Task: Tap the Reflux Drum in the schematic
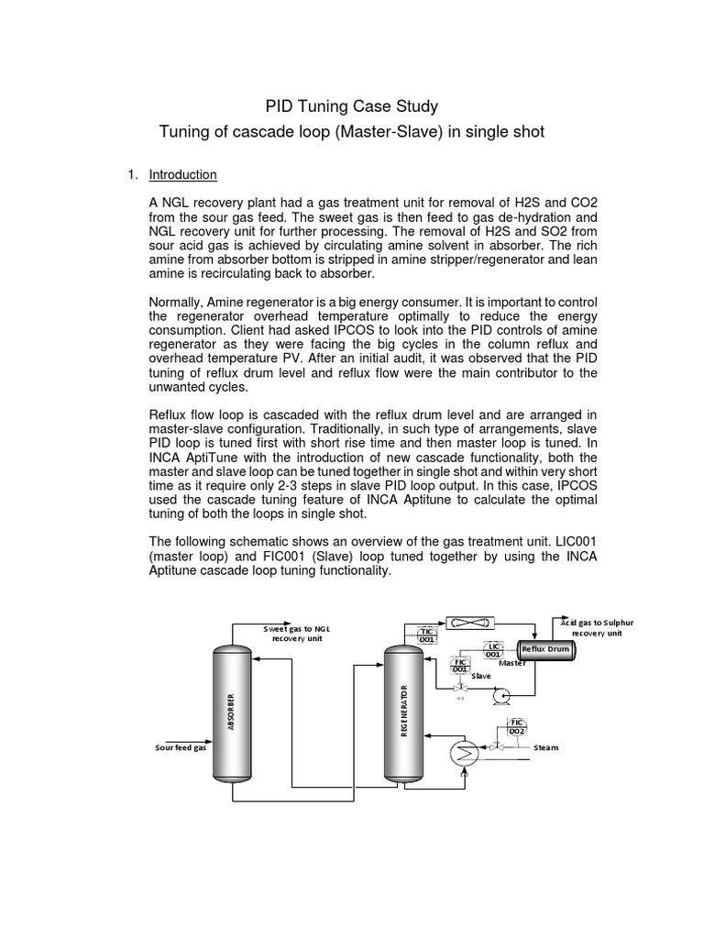point(544,649)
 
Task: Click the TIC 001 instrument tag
point(427,635)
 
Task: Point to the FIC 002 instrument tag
point(517,727)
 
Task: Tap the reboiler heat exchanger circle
point(464,751)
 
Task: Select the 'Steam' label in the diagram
point(546,748)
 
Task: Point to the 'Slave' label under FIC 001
point(481,677)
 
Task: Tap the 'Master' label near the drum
point(512,663)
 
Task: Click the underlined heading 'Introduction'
point(182,174)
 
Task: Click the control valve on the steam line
point(496,747)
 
